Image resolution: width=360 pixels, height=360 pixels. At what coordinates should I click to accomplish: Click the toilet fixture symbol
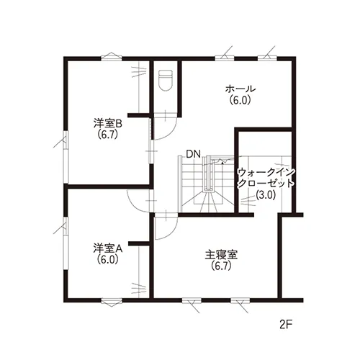tap(166, 80)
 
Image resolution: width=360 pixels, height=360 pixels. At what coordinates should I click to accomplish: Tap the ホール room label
tap(240, 89)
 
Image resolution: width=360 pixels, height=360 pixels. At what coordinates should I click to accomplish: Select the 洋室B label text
tap(108, 124)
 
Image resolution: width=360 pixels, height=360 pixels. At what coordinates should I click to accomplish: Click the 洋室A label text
tap(108, 249)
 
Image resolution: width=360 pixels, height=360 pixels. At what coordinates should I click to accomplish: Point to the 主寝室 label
tap(221, 255)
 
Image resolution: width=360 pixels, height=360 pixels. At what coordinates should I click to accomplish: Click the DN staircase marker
tap(193, 154)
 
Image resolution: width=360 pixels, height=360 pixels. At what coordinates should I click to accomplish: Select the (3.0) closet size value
tap(265, 195)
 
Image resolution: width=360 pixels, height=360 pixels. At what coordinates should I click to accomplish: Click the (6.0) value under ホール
tap(240, 100)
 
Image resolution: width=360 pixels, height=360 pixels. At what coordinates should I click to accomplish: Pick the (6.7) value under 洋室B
tap(108, 135)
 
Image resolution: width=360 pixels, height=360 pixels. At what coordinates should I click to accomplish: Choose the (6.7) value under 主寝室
tap(221, 266)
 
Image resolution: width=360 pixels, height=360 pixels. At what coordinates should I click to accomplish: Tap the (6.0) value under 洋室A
tap(108, 260)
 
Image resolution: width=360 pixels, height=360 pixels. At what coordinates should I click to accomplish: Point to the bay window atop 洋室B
tap(112, 56)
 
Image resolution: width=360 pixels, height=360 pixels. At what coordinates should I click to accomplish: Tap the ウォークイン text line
tap(266, 172)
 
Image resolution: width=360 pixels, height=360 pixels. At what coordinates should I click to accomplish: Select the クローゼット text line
tap(266, 184)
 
